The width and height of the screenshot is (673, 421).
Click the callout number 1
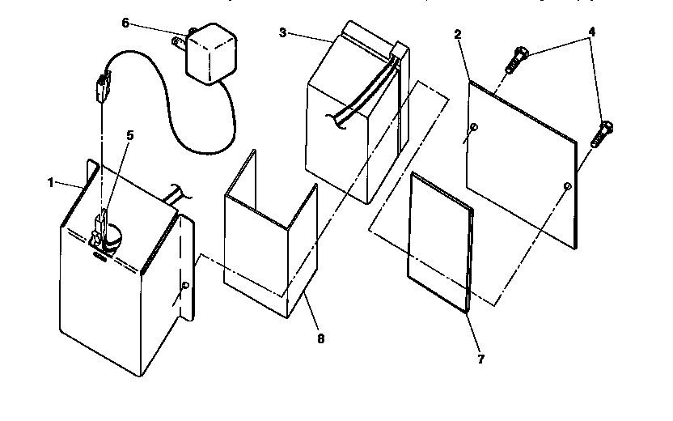point(49,183)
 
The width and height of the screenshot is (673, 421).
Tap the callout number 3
point(282,32)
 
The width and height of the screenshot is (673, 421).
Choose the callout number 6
point(125,23)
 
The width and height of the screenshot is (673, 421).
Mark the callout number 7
point(480,359)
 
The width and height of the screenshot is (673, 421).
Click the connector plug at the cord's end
point(102,85)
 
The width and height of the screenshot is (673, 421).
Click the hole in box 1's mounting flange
point(185,285)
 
